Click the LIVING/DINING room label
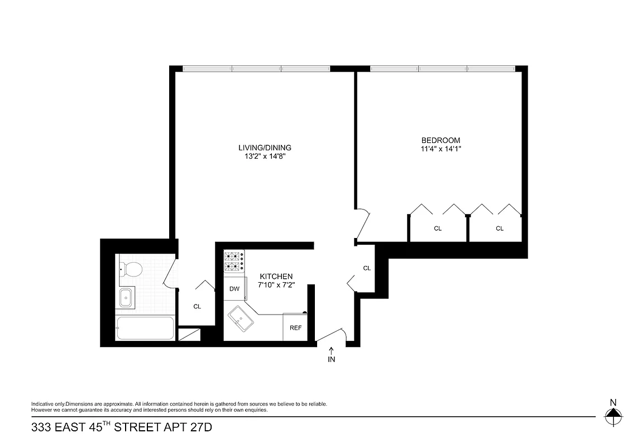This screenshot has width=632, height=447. (x=265, y=148)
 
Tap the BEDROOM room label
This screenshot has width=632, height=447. (x=441, y=140)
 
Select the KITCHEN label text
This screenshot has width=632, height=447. (x=276, y=277)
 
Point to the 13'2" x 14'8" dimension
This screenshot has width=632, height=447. (x=265, y=156)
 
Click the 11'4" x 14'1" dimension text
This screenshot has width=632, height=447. (x=441, y=149)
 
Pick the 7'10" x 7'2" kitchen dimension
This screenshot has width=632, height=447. (x=276, y=285)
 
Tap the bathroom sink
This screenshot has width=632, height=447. (x=126, y=298)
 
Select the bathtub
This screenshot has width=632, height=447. (x=145, y=329)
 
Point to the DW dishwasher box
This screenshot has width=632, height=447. (x=234, y=289)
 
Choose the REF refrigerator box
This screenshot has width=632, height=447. (x=295, y=327)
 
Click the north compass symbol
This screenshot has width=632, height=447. (x=613, y=413)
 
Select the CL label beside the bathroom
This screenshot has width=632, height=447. (x=197, y=306)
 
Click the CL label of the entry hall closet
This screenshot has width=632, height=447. (x=367, y=268)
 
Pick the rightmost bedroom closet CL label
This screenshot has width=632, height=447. (x=499, y=228)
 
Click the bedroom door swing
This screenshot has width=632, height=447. (x=363, y=223)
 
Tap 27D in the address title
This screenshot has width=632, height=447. (x=199, y=429)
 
